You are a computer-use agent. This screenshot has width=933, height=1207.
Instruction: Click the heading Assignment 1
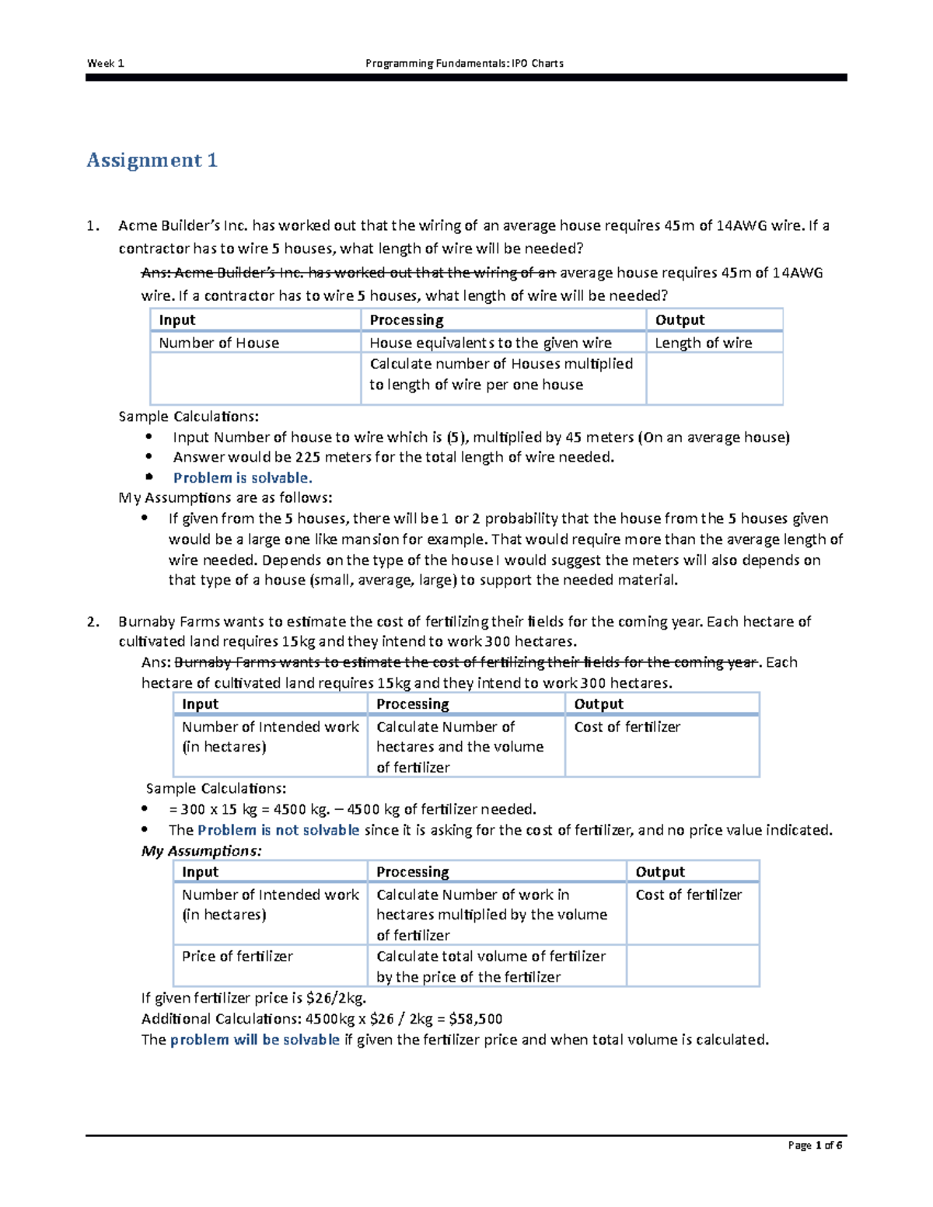152,160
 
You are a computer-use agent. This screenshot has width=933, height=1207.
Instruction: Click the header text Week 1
105,63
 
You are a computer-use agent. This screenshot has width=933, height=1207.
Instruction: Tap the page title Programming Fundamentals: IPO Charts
464,63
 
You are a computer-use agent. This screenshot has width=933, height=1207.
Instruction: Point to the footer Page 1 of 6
815,1145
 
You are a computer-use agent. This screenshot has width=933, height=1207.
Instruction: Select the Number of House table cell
218,343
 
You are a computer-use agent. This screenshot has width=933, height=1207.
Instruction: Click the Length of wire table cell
703,343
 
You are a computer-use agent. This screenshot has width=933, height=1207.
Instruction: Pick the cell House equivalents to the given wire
490,343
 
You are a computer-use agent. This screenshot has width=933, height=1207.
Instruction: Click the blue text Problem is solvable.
243,478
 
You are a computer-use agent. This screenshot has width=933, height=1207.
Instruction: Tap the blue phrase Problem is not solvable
278,830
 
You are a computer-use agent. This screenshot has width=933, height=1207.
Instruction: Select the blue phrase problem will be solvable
255,1040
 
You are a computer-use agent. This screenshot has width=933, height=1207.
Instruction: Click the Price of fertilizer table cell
237,956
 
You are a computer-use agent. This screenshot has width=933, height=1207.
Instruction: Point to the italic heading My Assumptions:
201,851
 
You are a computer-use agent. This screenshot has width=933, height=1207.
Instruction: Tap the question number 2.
93,622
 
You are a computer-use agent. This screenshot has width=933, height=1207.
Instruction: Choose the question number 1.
93,226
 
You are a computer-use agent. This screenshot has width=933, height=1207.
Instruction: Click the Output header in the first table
680,320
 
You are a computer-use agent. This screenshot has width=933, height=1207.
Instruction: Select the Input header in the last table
200,872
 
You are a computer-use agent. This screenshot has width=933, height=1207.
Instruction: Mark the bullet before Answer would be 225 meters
149,457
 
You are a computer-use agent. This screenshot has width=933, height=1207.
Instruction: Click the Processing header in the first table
406,320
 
